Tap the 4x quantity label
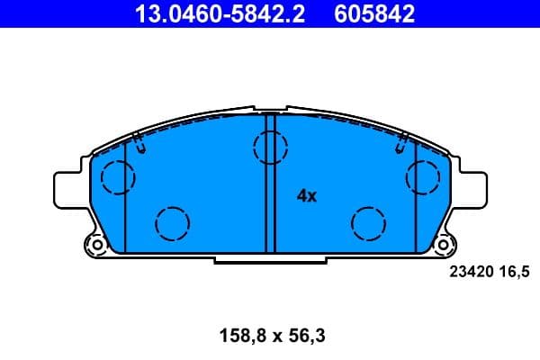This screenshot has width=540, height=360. coord(307,194)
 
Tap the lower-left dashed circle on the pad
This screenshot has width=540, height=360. coord(172,221)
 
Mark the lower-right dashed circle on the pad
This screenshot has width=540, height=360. coord(368,221)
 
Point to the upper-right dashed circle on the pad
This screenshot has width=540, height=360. coord(422,175)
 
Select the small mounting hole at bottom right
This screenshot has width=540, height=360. coord(443,243)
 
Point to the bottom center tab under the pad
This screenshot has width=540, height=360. coord(269,259)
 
